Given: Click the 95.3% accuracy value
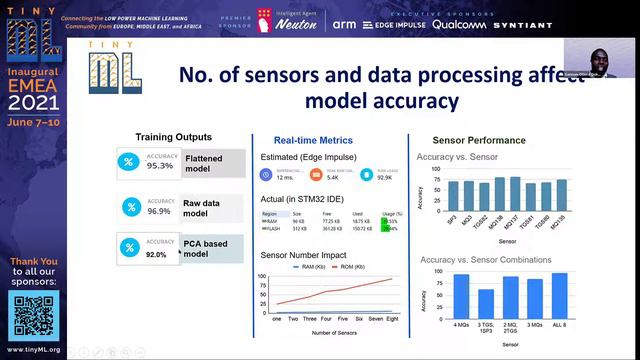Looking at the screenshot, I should [x=160, y=166].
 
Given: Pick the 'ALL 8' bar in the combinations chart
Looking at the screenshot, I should [x=587, y=295].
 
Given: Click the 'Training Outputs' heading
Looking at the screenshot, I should [x=173, y=137].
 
